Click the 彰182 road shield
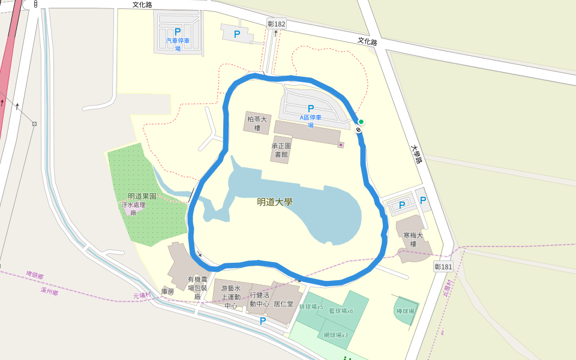(x=277, y=24)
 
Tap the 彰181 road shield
(x=443, y=266)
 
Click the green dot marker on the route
(x=361, y=122)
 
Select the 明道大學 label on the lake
(x=274, y=202)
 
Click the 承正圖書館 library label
(x=281, y=150)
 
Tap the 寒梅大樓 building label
(x=413, y=240)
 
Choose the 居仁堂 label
(x=283, y=304)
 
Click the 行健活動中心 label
(x=260, y=299)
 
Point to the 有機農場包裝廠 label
(x=197, y=288)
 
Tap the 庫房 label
(x=167, y=292)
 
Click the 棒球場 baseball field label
(x=406, y=311)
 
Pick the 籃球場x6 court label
(x=342, y=311)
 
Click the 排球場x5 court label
(x=311, y=307)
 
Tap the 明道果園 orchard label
(x=142, y=196)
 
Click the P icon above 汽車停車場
(x=178, y=32)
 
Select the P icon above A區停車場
(x=311, y=109)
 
